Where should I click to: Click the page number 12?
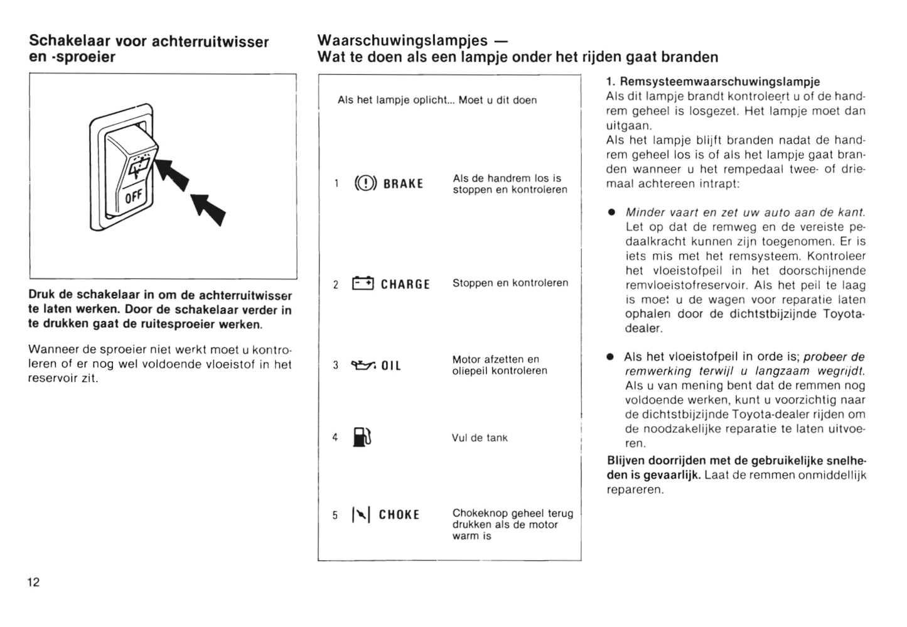[33, 582]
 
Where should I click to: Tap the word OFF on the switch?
[134, 197]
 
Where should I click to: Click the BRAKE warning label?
[403, 184]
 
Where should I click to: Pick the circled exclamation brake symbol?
[365, 183]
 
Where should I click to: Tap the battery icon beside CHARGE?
[363, 283]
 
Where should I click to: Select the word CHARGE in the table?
[405, 285]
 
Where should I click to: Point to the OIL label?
[391, 366]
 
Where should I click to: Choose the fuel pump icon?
[362, 437]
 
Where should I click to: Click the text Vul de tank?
[480, 438]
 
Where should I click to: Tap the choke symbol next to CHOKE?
[361, 515]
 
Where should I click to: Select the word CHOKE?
[399, 515]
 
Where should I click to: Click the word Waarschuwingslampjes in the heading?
[402, 40]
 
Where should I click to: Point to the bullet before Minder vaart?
[610, 213]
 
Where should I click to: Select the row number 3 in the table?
[336, 365]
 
